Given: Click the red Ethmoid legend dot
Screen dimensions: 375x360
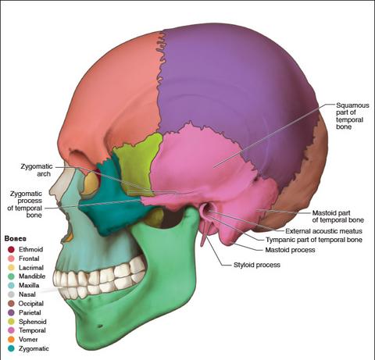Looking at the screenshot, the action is [x=11, y=249].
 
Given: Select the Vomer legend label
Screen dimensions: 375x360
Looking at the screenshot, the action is [x=28, y=340].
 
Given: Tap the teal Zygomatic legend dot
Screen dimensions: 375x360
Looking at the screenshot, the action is [x=11, y=348].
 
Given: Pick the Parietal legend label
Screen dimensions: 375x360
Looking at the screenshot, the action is [x=30, y=312].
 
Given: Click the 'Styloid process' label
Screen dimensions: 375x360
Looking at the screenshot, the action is [x=257, y=265].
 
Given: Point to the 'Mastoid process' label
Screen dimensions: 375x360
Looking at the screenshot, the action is [x=290, y=250].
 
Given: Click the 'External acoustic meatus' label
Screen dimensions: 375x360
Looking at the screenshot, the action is [x=323, y=231].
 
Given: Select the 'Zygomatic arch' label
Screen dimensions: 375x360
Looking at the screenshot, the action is [x=37, y=170].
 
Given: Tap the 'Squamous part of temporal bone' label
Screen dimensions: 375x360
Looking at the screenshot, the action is [x=352, y=116].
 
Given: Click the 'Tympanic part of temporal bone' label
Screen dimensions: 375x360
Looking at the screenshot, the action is [x=314, y=240].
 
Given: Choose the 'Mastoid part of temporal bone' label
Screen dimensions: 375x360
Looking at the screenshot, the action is [x=337, y=216].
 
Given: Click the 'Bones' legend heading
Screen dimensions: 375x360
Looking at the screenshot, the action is [x=16, y=238].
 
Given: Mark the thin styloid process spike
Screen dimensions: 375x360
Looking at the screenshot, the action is [x=204, y=236].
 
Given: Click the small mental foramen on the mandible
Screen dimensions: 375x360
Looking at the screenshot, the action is [x=100, y=326].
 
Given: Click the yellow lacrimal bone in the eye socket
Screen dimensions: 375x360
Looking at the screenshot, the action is [x=91, y=184].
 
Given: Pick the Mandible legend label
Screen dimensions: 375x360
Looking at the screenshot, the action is [x=32, y=276].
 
